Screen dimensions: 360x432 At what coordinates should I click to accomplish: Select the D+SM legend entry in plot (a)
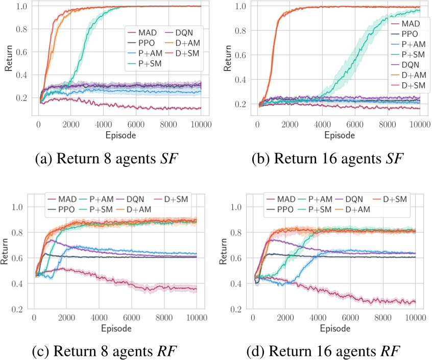[x=182, y=53]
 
